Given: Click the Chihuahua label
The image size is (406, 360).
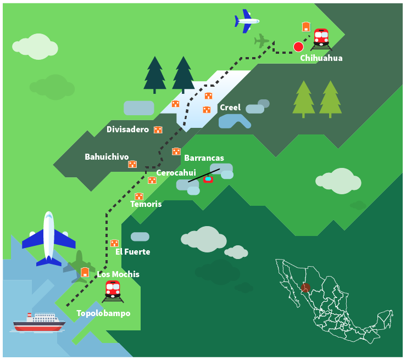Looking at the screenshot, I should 321,58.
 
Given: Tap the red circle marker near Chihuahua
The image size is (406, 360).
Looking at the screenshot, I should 298,47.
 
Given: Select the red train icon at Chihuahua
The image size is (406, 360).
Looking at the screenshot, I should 321,38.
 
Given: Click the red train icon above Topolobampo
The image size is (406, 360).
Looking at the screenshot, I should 113,290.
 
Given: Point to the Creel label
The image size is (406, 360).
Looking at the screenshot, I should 230,108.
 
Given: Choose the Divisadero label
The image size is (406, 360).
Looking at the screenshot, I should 127,130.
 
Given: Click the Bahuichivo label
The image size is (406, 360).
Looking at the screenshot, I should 107,157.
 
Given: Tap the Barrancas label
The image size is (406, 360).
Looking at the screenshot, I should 204,158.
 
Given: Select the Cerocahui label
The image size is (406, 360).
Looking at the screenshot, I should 176,173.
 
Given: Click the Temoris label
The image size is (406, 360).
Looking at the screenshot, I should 146,204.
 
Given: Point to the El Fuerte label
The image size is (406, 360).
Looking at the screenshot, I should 132,252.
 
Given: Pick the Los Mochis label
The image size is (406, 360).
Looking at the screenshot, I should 118,274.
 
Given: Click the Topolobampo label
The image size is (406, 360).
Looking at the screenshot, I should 103,313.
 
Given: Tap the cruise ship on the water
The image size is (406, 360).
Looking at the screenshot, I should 37,323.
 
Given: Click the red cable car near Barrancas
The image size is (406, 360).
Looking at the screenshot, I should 208,179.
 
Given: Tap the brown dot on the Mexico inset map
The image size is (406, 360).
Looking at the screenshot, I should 305,287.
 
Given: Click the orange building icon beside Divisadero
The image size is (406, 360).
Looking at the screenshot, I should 158,130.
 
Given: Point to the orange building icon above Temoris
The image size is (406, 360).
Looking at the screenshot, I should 139,196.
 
